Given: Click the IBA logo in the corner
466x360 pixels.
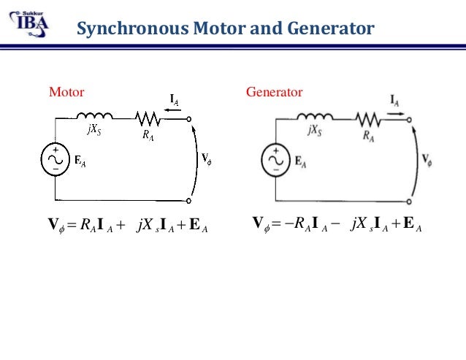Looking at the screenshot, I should pyautogui.click(x=28, y=20).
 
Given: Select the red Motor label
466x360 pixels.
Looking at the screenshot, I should pyautogui.click(x=66, y=93).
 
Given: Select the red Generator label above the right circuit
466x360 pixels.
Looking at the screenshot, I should pyautogui.click(x=275, y=93).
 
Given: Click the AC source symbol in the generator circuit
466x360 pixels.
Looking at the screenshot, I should pyautogui.click(x=277, y=158).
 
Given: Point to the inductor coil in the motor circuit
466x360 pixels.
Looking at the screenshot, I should pyautogui.click(x=94, y=115).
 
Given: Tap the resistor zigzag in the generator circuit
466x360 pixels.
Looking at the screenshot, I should pyautogui.click(x=368, y=116).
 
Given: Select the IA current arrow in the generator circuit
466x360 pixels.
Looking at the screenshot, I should pyautogui.click(x=395, y=104).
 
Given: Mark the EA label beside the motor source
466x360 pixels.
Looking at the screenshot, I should pyautogui.click(x=80, y=162).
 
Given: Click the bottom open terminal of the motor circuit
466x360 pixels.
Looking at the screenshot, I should pyautogui.click(x=189, y=200).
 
